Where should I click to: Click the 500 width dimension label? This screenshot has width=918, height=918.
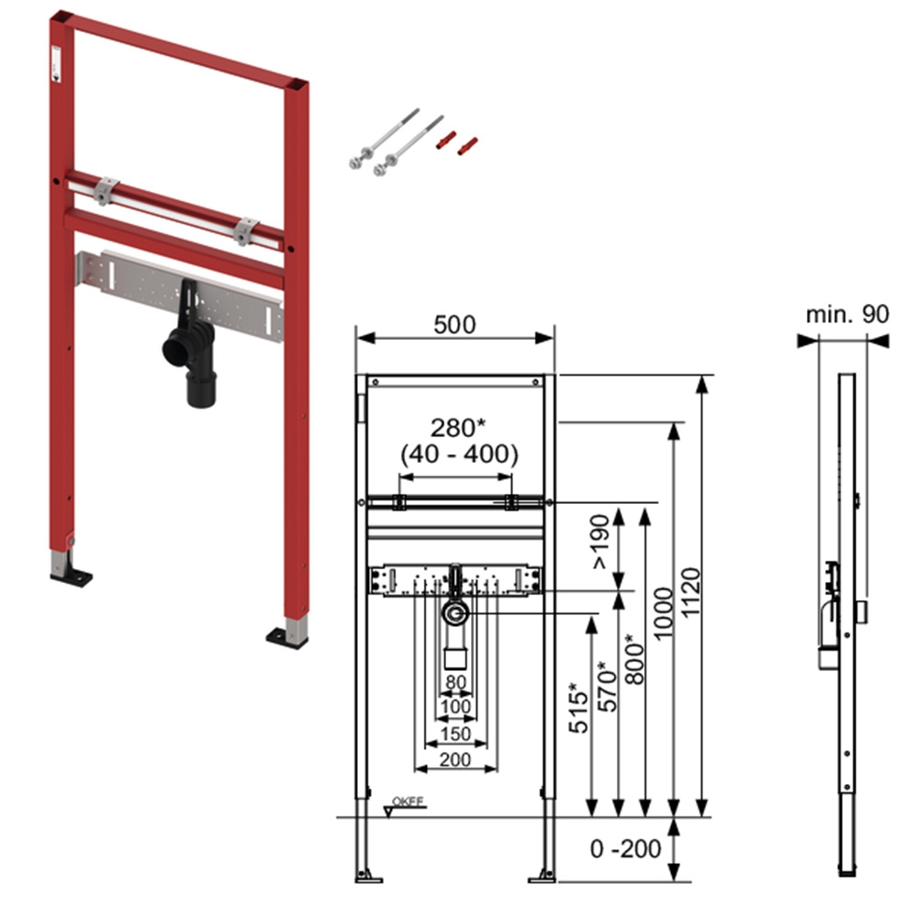(x=455, y=324)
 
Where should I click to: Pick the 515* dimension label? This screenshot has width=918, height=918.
(x=577, y=709)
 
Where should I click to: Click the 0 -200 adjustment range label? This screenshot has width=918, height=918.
(x=625, y=849)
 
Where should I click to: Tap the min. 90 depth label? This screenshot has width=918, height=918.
(x=847, y=314)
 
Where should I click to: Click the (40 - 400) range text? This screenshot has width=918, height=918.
(x=458, y=453)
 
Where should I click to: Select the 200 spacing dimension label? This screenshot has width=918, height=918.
(x=455, y=759)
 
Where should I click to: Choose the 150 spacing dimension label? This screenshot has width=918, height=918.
(x=455, y=733)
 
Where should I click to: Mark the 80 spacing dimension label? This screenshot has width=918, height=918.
(x=455, y=682)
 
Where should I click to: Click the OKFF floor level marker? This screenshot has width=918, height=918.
(x=408, y=800)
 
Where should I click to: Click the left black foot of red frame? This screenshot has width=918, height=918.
(x=71, y=577)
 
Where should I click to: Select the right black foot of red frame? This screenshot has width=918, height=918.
(x=287, y=636)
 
